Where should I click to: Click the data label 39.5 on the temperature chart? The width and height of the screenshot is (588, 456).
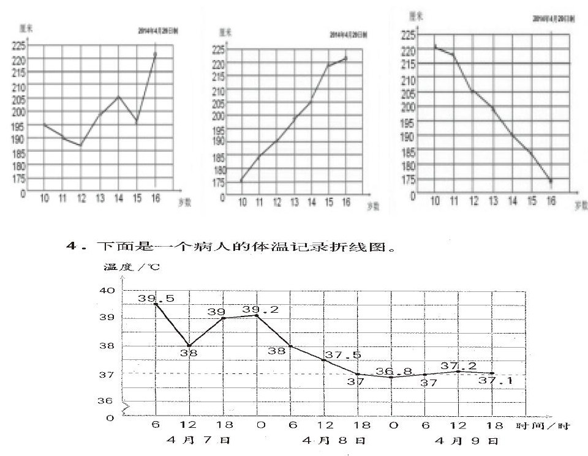click(x=148, y=299)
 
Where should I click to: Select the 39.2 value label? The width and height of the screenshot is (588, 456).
click(x=260, y=310)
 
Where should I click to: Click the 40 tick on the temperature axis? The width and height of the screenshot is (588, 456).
click(x=107, y=290)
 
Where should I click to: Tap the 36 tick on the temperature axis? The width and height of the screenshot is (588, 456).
click(x=107, y=400)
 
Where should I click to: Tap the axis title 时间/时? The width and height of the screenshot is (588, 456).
click(x=543, y=425)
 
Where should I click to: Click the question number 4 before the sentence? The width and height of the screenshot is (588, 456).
click(x=71, y=247)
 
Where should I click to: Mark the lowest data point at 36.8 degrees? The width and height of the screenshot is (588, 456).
click(x=392, y=377)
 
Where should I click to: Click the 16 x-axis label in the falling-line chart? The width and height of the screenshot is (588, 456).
click(x=551, y=201)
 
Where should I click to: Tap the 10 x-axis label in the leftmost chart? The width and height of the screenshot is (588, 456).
click(x=45, y=198)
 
